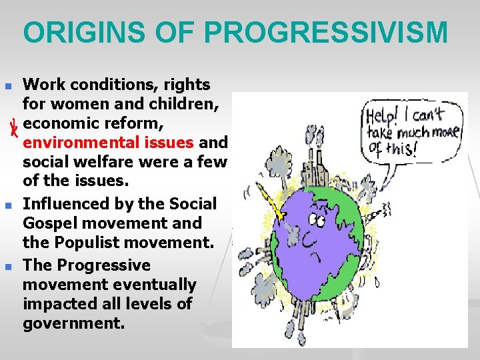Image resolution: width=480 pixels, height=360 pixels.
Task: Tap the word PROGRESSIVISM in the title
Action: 327,33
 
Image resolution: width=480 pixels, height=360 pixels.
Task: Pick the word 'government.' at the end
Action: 73,324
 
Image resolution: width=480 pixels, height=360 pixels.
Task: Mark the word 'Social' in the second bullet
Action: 194,204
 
